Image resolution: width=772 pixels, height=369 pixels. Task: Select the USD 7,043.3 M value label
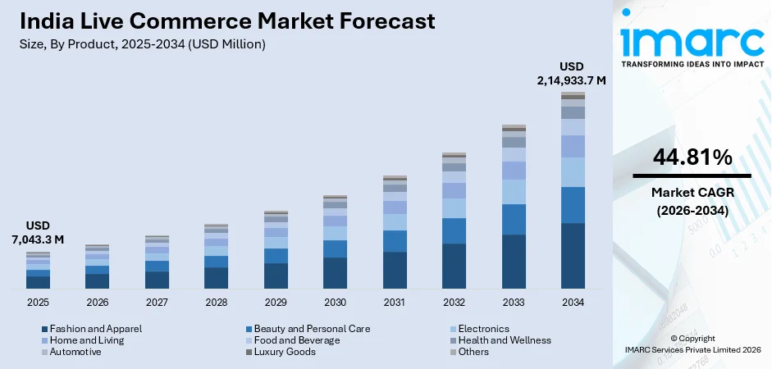38,232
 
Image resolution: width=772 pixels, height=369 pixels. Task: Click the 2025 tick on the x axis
38,302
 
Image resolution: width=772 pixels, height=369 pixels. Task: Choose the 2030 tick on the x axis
335,302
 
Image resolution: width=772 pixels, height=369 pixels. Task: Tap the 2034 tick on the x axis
573,302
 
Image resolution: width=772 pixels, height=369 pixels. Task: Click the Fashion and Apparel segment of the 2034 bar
573,256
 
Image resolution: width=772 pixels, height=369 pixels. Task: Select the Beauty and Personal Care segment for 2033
514,219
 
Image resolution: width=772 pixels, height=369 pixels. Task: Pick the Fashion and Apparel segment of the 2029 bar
276,276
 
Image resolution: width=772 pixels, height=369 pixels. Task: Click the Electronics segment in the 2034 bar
573,171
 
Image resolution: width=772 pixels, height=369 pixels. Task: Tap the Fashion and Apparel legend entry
91,329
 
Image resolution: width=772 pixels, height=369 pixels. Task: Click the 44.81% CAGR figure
692,158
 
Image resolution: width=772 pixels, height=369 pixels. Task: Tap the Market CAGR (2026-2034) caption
692,201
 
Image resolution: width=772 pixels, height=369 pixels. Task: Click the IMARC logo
692,41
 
